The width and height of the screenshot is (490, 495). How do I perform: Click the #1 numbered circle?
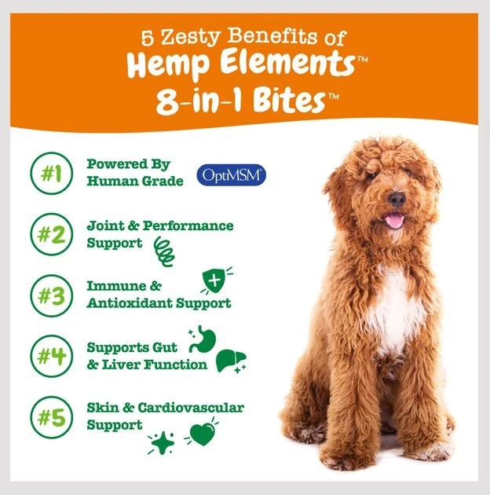[x=51, y=173]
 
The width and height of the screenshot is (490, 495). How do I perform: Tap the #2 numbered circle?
[x=51, y=234]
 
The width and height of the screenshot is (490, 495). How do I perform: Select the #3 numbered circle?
[x=51, y=295]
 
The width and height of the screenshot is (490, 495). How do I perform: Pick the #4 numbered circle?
[x=51, y=356]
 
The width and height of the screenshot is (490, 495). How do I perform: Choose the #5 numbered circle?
[x=51, y=417]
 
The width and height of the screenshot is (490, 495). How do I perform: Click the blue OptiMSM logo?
[x=232, y=174]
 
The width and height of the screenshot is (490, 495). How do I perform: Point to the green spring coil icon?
[x=164, y=252]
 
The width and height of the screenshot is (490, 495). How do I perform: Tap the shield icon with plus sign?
[x=215, y=280]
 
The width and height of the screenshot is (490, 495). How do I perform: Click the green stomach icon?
[x=203, y=340]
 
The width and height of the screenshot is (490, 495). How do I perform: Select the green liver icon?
[x=231, y=360]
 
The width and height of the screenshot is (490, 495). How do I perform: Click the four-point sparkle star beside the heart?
[x=163, y=442]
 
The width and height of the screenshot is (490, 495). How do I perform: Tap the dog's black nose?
[x=397, y=200]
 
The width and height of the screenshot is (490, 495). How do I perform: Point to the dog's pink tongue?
[x=394, y=220]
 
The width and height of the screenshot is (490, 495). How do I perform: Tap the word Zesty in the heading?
[x=190, y=37]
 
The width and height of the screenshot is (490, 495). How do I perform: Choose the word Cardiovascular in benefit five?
[x=191, y=408]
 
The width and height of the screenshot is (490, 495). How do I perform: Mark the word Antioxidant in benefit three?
[x=130, y=303]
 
